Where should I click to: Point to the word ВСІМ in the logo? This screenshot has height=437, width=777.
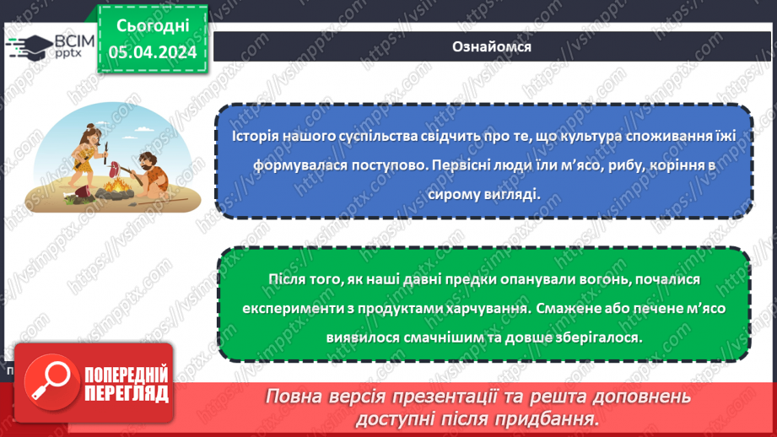point(74,40)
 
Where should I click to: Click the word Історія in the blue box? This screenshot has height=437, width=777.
point(257,138)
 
